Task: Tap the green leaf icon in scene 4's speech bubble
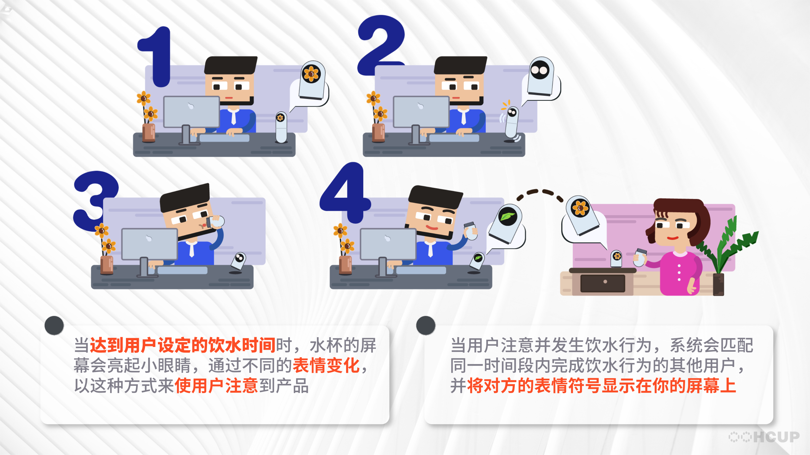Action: pos(507,217)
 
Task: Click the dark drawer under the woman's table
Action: pos(603,283)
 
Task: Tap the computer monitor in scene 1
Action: pos(192,112)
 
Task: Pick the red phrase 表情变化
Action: pos(326,366)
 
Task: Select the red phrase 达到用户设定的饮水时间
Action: pos(183,345)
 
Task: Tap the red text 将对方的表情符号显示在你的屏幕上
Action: pos(601,386)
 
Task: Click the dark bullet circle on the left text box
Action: pos(54,325)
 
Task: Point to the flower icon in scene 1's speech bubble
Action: pos(311,74)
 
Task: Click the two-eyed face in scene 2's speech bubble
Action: pos(540,70)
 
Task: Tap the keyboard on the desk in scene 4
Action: pos(421,270)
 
